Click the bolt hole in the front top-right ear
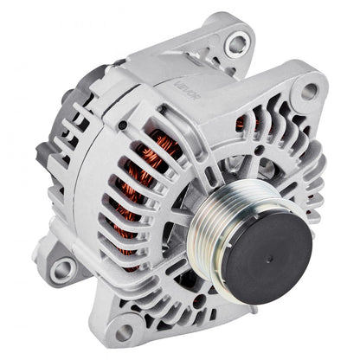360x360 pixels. [x=308, y=91]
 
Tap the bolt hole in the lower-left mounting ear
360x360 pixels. [x=61, y=270]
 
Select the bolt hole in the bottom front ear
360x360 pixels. [x=123, y=331]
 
